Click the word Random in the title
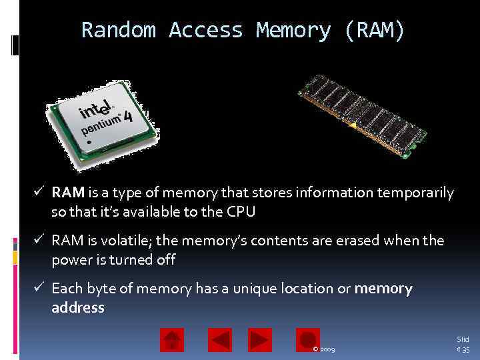pos(119,31)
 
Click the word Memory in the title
pos(293,31)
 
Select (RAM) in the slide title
pos(375,31)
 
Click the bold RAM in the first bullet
pos(68,193)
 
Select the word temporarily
pos(415,193)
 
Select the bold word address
pos(78,308)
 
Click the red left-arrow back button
pos(220,340)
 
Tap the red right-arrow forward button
pos(260,340)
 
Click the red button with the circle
pos(308,340)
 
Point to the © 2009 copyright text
pos(324,349)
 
